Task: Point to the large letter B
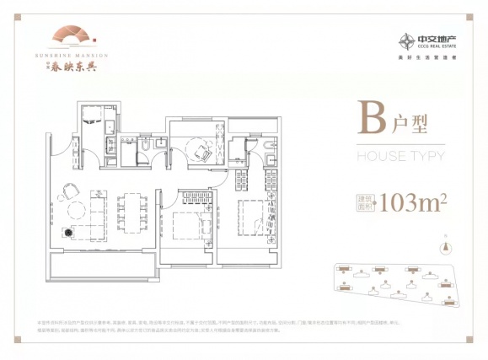click(368, 121)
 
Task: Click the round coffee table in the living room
click(76, 210)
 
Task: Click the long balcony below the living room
click(101, 268)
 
